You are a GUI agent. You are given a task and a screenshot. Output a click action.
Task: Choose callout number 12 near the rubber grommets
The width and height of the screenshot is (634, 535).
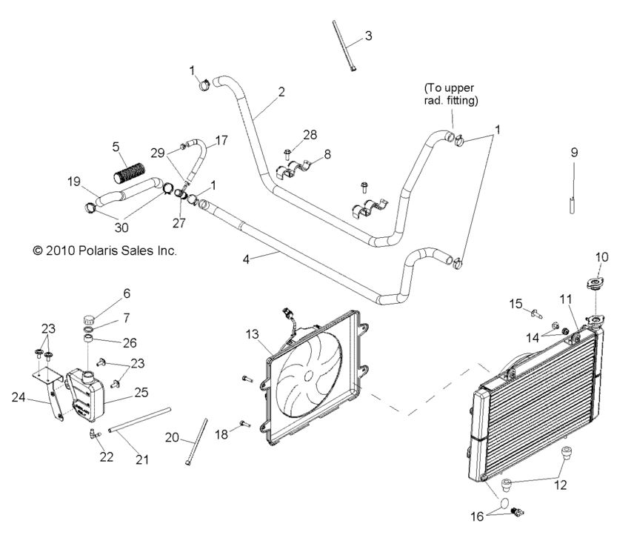coord(561,485)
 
